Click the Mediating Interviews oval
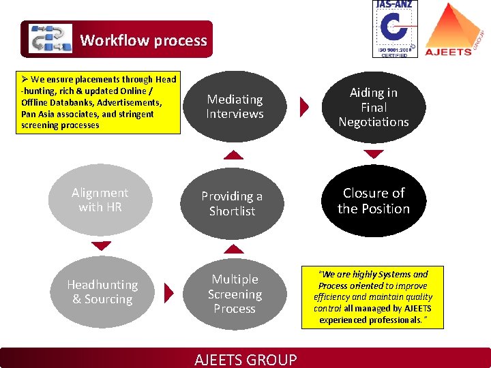tap(235, 106)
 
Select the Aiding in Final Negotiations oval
tap(374, 107)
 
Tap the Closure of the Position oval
tap(374, 201)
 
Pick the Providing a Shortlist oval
tap(233, 204)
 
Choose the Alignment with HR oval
tap(100, 200)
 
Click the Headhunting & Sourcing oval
tap(102, 292)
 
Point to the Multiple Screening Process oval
tap(235, 294)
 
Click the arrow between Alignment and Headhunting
tap(101, 246)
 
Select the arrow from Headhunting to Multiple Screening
tap(169, 292)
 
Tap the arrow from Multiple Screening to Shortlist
tap(234, 249)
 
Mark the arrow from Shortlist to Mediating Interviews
tap(234, 156)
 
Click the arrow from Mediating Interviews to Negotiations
tap(305, 106)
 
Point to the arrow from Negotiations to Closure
tap(374, 155)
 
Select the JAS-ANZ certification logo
tap(395, 29)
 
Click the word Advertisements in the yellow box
tap(129, 103)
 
